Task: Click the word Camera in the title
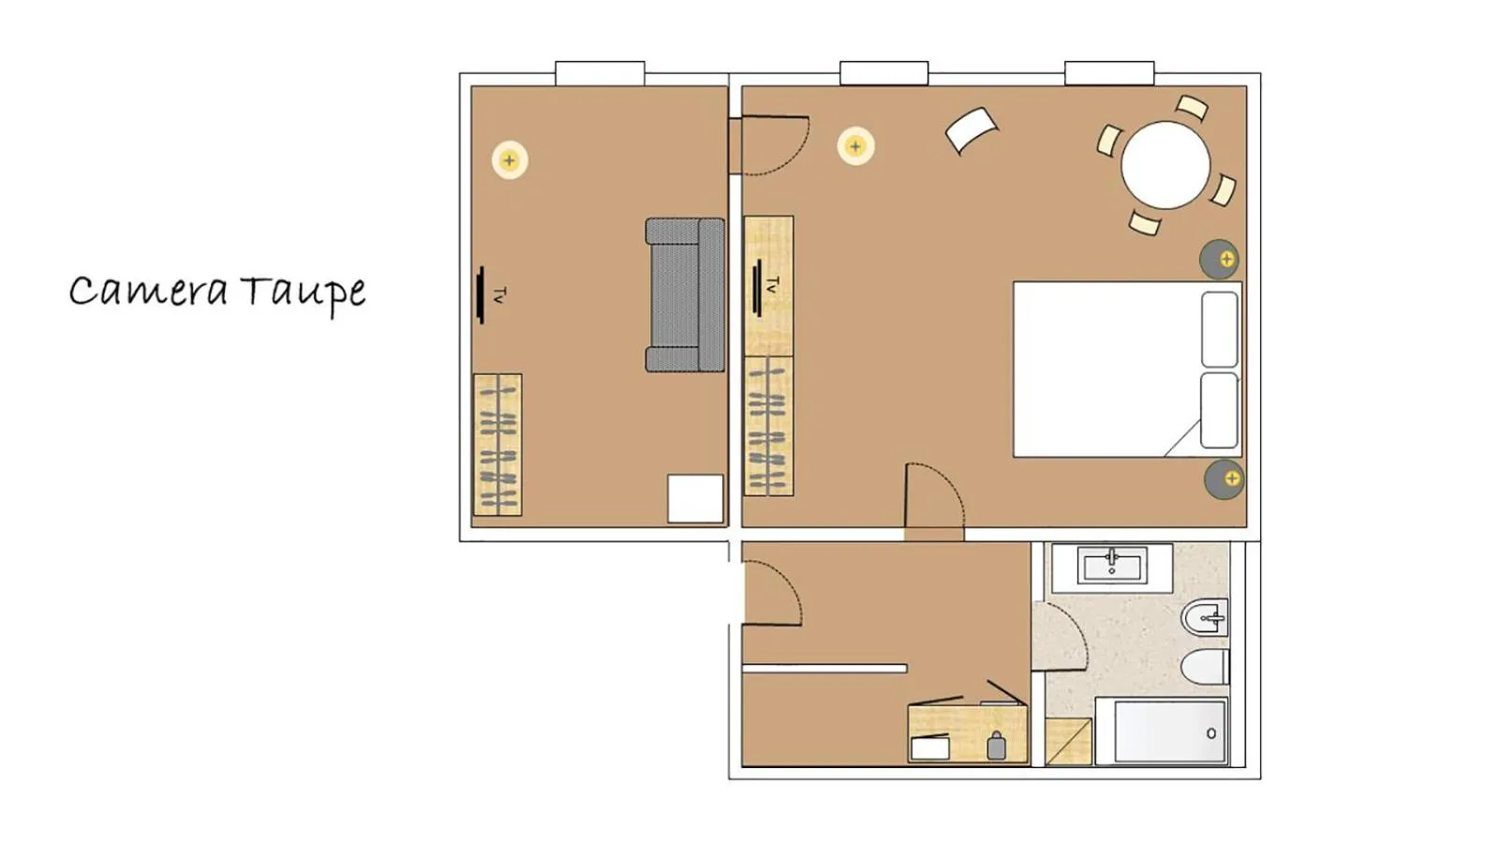pyautogui.click(x=148, y=291)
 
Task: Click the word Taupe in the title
pyautogui.click(x=303, y=292)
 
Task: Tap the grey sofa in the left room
pyautogui.click(x=685, y=295)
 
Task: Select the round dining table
pyautogui.click(x=1165, y=165)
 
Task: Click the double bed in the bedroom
pyautogui.click(x=1106, y=369)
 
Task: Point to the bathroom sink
pyautogui.click(x=1112, y=566)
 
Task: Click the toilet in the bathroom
pyautogui.click(x=1204, y=668)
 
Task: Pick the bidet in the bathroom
pyautogui.click(x=1205, y=618)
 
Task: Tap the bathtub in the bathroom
pyautogui.click(x=1162, y=732)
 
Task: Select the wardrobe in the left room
pyautogui.click(x=497, y=445)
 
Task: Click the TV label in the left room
pyautogui.click(x=499, y=295)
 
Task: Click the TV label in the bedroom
pyautogui.click(x=772, y=285)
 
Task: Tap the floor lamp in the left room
pyautogui.click(x=510, y=160)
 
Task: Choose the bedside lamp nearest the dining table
pyautogui.click(x=1221, y=259)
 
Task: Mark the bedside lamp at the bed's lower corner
pyautogui.click(x=1224, y=480)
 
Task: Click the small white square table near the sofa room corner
pyautogui.click(x=695, y=498)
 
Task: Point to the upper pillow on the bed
pyautogui.click(x=1220, y=329)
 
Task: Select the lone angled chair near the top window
pyautogui.click(x=972, y=130)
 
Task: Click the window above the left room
pyautogui.click(x=600, y=73)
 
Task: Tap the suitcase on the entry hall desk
pyautogui.click(x=996, y=747)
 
